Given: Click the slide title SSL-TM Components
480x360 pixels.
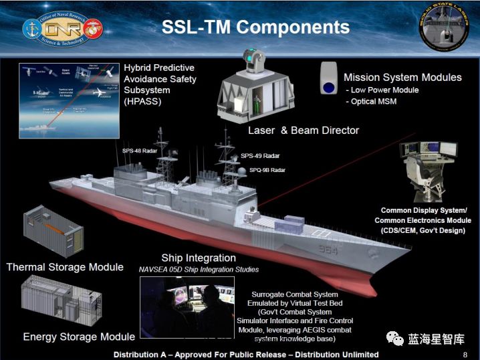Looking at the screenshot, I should [255, 27].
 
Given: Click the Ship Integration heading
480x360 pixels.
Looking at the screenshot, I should [199, 258].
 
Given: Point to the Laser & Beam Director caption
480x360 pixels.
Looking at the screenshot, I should [304, 130].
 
